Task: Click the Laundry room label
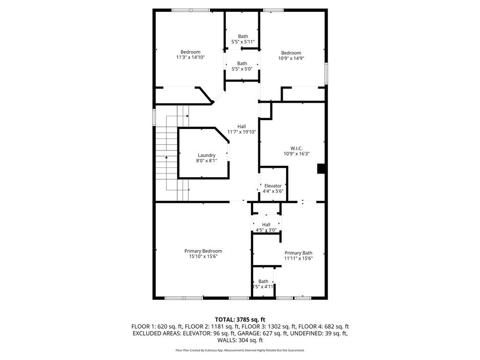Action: click(x=206, y=155)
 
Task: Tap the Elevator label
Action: click(x=273, y=186)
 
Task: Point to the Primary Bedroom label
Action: click(x=203, y=251)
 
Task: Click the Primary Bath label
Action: click(x=298, y=253)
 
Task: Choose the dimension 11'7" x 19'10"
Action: click(x=241, y=132)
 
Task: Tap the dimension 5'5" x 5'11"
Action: click(x=242, y=42)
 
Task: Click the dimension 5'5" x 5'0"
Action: click(x=242, y=69)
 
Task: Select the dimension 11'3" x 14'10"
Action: click(x=190, y=57)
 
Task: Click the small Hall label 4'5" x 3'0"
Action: click(x=266, y=230)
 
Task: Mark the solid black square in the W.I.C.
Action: click(x=322, y=169)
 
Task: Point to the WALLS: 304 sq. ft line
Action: click(x=240, y=340)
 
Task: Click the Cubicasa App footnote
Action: click(x=240, y=350)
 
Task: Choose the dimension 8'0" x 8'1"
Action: click(x=206, y=161)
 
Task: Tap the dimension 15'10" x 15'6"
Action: click(x=203, y=256)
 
